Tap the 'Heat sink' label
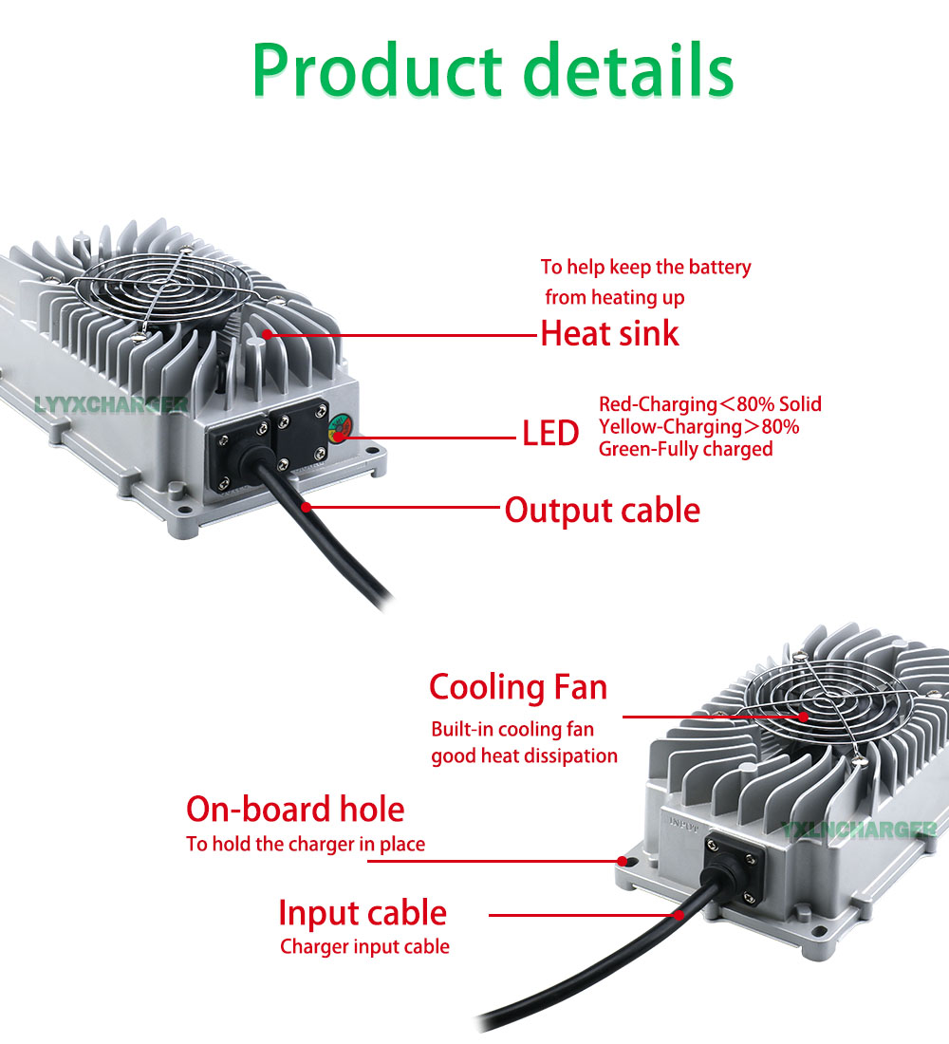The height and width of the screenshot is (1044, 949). (x=609, y=334)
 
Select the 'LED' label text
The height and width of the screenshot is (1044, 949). (x=550, y=434)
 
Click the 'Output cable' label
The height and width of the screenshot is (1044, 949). (x=602, y=510)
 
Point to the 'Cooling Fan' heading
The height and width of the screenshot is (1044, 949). (x=518, y=686)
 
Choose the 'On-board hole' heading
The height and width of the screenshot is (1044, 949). (x=295, y=809)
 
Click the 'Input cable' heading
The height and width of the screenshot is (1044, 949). (x=363, y=913)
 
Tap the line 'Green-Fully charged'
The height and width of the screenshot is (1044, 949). (x=685, y=449)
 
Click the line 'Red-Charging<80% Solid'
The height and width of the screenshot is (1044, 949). (x=710, y=404)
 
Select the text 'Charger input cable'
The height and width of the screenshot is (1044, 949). (x=364, y=946)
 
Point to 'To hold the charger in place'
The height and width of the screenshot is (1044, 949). (x=306, y=844)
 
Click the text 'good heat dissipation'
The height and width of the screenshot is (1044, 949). (x=524, y=755)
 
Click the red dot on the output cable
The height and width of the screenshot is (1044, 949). (x=306, y=507)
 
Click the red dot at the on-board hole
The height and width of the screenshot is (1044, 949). (x=623, y=861)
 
